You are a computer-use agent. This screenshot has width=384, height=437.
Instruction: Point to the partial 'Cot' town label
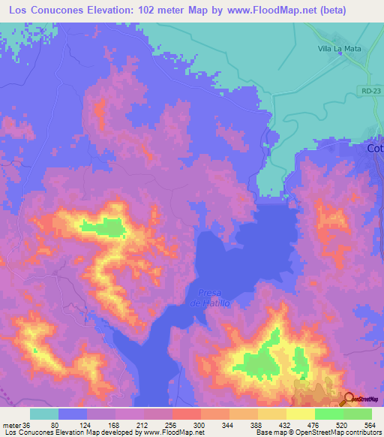(375, 149)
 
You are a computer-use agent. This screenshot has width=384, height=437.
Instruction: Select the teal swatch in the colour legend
(44, 414)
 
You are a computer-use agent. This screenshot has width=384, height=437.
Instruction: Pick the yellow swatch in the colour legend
(300, 414)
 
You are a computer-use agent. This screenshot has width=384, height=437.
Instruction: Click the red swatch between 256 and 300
(186, 414)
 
